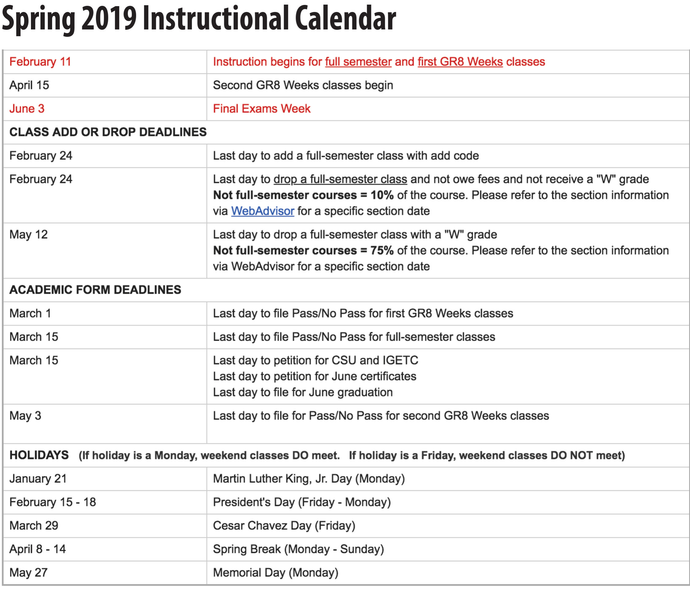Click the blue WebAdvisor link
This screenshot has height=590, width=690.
click(263, 211)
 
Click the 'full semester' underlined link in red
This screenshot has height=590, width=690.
click(358, 62)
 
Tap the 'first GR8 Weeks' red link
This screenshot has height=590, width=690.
click(460, 62)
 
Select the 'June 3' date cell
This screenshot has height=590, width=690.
click(27, 109)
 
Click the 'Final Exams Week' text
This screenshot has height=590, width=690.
click(261, 109)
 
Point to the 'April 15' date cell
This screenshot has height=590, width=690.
click(29, 85)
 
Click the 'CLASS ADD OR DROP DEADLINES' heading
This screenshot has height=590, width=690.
click(108, 132)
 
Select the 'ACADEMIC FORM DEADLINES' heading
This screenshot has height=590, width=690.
click(95, 290)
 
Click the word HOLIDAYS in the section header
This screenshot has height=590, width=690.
click(39, 455)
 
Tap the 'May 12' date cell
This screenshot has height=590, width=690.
click(29, 235)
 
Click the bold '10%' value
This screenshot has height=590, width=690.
click(382, 195)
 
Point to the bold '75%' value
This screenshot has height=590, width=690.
click(382, 250)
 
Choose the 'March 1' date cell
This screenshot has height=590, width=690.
click(30, 313)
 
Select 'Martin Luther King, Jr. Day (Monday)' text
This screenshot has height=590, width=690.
click(309, 479)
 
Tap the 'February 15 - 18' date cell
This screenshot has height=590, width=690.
click(53, 502)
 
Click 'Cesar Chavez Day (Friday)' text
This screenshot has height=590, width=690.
click(284, 526)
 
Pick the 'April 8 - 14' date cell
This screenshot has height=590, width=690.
click(38, 549)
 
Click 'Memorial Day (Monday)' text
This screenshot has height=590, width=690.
click(275, 573)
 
